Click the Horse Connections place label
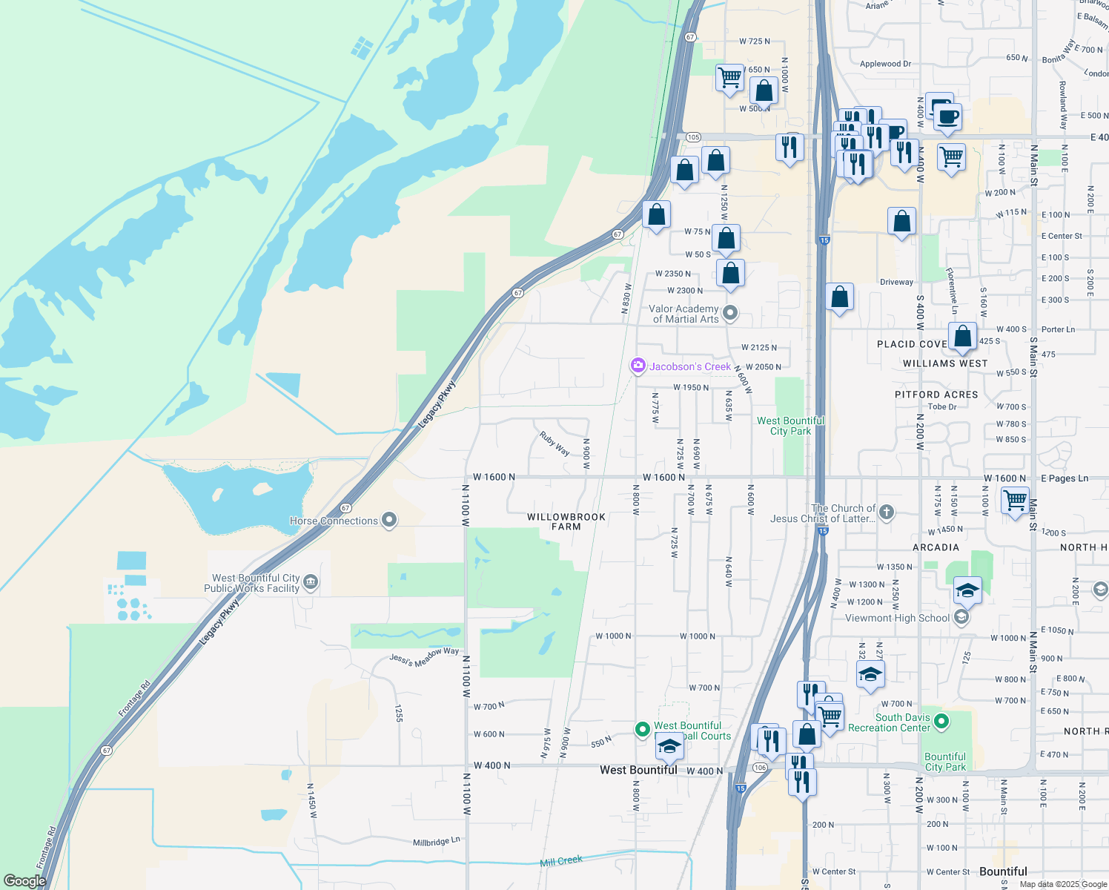click(334, 521)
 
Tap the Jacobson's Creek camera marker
click(638, 366)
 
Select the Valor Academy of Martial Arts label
click(685, 314)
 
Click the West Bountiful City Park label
click(790, 426)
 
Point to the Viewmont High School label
click(897, 618)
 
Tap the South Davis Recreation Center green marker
click(941, 720)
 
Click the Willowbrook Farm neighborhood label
click(566, 521)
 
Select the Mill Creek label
click(561, 860)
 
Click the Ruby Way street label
click(554, 444)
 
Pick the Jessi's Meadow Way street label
click(424, 657)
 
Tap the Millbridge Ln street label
click(437, 842)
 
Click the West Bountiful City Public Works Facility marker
click(311, 582)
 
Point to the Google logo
click(24, 880)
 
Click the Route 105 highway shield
click(693, 137)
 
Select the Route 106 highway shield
click(760, 767)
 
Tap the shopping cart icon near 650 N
click(730, 76)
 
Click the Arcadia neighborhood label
click(936, 547)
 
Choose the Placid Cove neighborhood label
click(912, 344)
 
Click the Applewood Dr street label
click(885, 64)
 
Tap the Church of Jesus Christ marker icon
click(887, 512)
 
